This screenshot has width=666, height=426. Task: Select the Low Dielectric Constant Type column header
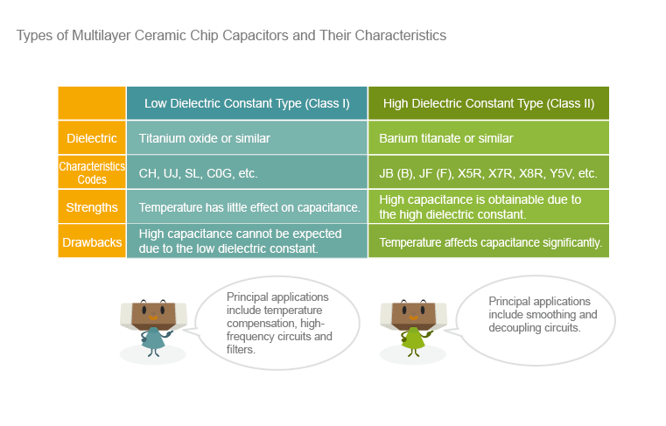[247, 103]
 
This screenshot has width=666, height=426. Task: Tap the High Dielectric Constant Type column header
[488, 103]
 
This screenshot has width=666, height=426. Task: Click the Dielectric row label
[92, 138]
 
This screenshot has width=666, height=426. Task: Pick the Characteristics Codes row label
[92, 172]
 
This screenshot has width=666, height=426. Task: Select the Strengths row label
[92, 207]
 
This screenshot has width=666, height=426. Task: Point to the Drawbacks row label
[92, 242]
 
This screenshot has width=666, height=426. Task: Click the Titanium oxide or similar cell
[247, 138]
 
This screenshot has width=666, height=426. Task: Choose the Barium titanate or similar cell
[488, 138]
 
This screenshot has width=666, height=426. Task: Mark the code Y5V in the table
[562, 173]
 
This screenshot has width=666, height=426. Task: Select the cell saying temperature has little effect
[247, 207]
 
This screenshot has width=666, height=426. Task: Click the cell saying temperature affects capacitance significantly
[488, 242]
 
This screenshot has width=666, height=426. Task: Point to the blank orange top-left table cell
[92, 103]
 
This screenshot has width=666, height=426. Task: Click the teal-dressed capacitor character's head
[153, 315]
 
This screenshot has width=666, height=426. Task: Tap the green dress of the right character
[412, 339]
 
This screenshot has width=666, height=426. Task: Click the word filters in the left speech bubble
[241, 350]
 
